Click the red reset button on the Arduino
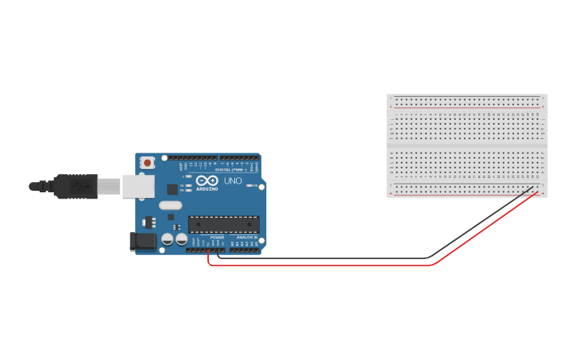[x=147, y=162]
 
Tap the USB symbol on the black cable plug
[x=78, y=186]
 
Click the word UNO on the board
[x=233, y=181]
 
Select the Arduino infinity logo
[x=207, y=180]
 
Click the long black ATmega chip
[x=223, y=225]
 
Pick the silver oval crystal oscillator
[x=170, y=205]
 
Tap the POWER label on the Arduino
[x=217, y=237]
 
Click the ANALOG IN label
[x=246, y=237]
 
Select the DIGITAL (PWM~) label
[x=230, y=169]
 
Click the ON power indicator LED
[x=249, y=186]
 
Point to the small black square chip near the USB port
[x=172, y=189]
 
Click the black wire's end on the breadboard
[x=533, y=188]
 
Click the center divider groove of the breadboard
[x=467, y=145]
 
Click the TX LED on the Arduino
[x=187, y=185]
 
